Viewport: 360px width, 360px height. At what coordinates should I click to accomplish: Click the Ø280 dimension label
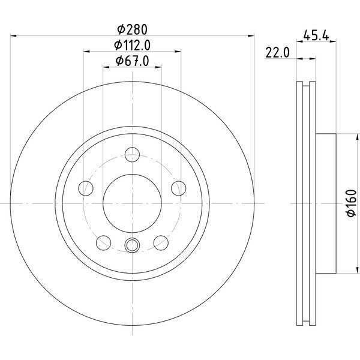coord(132,29)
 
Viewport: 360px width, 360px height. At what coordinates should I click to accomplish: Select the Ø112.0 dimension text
coord(132,45)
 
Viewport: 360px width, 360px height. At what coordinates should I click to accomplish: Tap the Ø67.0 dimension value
coord(132,61)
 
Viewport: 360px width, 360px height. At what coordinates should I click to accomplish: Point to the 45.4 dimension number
coord(316,35)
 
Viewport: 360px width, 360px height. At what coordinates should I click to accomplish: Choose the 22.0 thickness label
coord(277,53)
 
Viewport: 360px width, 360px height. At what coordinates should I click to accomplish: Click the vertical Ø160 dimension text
coord(352,203)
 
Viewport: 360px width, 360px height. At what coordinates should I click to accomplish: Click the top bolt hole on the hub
coord(132,155)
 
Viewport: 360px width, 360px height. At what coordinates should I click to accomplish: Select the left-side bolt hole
coord(86,188)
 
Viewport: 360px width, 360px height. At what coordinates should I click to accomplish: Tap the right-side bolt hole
coord(179,188)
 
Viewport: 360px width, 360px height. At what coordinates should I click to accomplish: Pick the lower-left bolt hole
coord(104,242)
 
